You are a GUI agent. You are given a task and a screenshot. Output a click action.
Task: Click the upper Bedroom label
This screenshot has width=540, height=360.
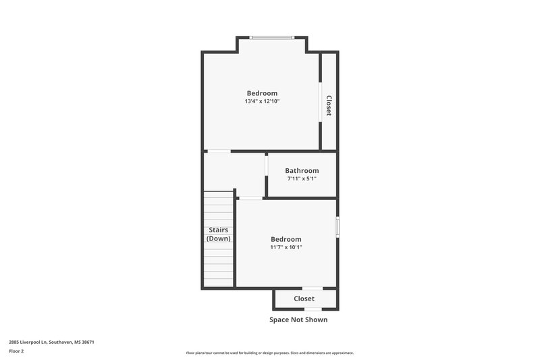pyautogui.click(x=262, y=93)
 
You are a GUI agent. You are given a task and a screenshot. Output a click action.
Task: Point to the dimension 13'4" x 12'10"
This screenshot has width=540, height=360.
pyautogui.click(x=262, y=101)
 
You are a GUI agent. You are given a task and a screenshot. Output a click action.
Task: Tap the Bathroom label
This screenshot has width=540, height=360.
pyautogui.click(x=302, y=171)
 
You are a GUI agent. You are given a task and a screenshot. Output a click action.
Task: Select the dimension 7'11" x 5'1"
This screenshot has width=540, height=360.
pyautogui.click(x=302, y=179)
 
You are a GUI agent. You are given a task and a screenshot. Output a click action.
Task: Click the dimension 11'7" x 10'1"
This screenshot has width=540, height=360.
pyautogui.click(x=286, y=247)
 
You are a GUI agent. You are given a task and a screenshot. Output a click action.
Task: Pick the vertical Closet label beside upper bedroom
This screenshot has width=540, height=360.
pyautogui.click(x=329, y=105)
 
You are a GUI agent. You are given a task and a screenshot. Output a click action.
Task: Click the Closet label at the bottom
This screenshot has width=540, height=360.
pyautogui.click(x=304, y=299)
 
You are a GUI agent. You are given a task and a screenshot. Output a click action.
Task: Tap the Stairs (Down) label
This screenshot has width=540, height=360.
pyautogui.click(x=218, y=234)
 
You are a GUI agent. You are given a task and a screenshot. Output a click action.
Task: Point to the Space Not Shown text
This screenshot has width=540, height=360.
pyautogui.click(x=298, y=319)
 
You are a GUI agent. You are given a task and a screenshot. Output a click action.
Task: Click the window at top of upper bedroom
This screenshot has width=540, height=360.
pyautogui.click(x=271, y=37)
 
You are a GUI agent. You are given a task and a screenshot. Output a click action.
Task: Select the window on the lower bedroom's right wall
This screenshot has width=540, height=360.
pyautogui.click(x=337, y=226)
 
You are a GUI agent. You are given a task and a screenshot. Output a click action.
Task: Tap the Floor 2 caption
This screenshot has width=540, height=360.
pyautogui.click(x=17, y=351)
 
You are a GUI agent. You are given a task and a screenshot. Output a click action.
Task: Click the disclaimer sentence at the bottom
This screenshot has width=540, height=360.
pyautogui.click(x=269, y=353)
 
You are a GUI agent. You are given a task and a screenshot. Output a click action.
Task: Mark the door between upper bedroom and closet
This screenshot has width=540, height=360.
pyautogui.click(x=320, y=102)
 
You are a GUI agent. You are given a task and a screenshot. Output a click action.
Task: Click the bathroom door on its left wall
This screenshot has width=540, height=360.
pyautogui.click(x=267, y=166)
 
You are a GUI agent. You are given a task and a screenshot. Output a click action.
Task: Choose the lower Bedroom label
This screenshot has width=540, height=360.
pyautogui.click(x=286, y=239)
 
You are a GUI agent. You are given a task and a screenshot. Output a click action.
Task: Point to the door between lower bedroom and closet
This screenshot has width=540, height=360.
pyautogui.click(x=312, y=288)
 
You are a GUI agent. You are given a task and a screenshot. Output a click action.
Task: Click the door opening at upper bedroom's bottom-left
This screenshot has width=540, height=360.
pyautogui.click(x=218, y=151)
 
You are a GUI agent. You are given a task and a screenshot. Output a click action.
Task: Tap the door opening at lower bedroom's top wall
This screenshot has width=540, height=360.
pyautogui.click(x=250, y=198)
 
